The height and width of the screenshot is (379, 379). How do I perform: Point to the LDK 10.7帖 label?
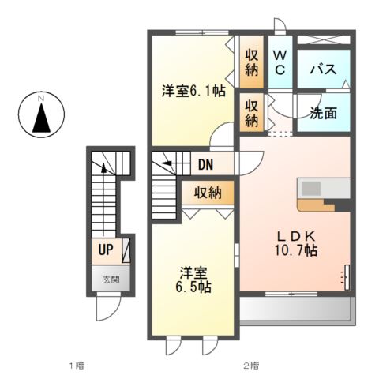coord(297,242)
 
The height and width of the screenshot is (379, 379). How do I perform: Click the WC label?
coord(280,62)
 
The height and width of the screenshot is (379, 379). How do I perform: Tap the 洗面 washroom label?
coord(322,113)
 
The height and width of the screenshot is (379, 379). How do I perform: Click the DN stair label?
coord(206,165)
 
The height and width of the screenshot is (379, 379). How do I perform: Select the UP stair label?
coord(104,252)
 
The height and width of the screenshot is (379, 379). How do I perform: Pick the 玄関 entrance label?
coord(106,279)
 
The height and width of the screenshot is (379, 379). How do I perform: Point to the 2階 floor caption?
coord(250,365)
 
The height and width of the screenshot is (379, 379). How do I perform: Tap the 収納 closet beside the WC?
coord(252,62)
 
